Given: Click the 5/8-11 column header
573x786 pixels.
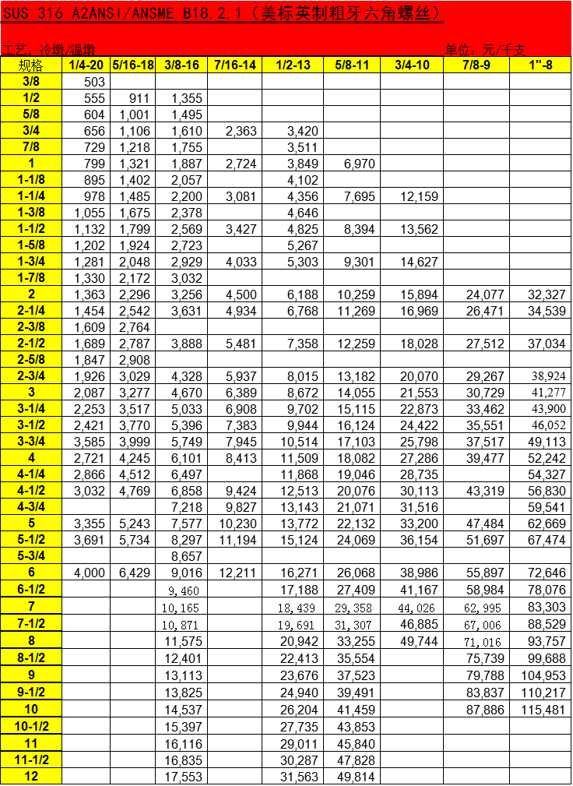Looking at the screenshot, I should pyautogui.click(x=352, y=65).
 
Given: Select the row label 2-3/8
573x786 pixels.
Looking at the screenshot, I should pyautogui.click(x=31, y=326).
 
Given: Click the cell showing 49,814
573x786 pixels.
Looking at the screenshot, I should pyautogui.click(x=353, y=777).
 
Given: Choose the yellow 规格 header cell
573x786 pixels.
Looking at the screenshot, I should pyautogui.click(x=31, y=65).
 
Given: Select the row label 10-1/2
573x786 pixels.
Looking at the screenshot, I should pyautogui.click(x=31, y=727).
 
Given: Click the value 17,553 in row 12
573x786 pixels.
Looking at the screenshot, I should pyautogui.click(x=184, y=777).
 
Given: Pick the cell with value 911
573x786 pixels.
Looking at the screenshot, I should pyautogui.click(x=135, y=98).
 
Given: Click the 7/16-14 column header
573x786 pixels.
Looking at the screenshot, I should pyautogui.click(x=234, y=65).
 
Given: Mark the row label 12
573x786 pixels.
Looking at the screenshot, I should pyautogui.click(x=31, y=776).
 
